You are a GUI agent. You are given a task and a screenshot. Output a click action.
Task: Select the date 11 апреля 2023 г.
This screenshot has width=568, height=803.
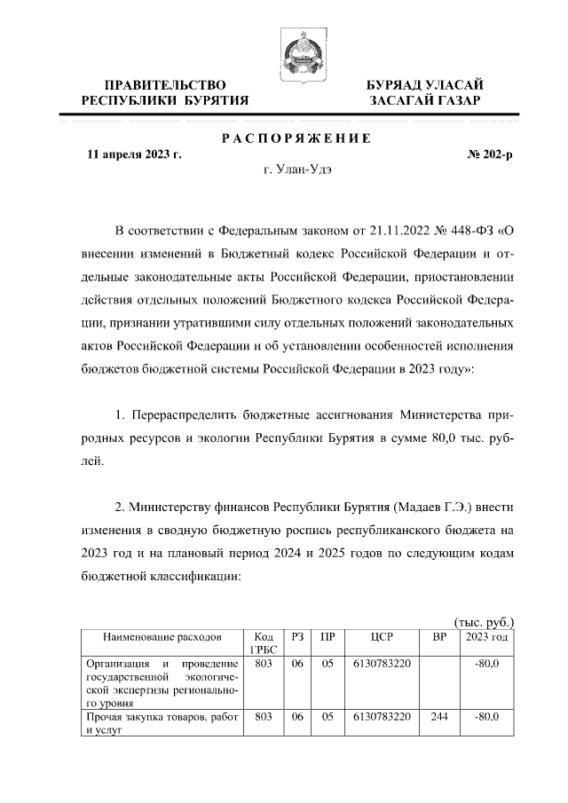pyautogui.click(x=134, y=154)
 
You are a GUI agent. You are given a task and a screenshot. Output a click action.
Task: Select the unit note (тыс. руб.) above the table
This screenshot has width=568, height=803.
pyautogui.click(x=484, y=623)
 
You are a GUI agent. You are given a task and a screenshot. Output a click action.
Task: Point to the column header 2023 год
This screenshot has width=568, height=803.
pyautogui.click(x=487, y=638)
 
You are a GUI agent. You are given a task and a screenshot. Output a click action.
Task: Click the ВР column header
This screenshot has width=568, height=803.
pyautogui.click(x=438, y=638)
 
